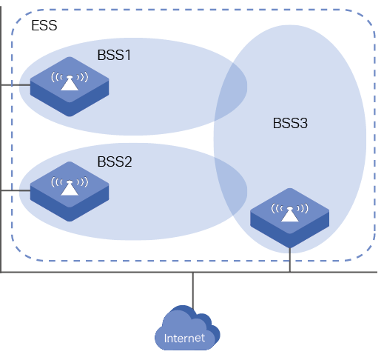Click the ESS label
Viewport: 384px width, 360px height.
pyautogui.click(x=44, y=25)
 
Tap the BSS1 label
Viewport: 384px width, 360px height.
pyautogui.click(x=114, y=55)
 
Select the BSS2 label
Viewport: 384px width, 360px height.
pyautogui.click(x=115, y=161)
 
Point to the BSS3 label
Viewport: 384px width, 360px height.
pyautogui.click(x=290, y=123)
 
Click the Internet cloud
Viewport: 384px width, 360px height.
pyautogui.click(x=187, y=328)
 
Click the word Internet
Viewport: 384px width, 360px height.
pyautogui.click(x=184, y=339)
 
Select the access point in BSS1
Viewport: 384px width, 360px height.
pyautogui.click(x=70, y=87)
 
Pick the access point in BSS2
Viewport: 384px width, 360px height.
pyautogui.click(x=70, y=191)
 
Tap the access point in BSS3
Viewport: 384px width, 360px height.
pyautogui.click(x=290, y=218)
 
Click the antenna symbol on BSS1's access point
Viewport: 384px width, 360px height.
pyautogui.click(x=70, y=81)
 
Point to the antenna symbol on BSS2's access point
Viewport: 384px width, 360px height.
pyautogui.click(x=70, y=186)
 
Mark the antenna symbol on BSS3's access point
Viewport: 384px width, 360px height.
pyautogui.click(x=290, y=213)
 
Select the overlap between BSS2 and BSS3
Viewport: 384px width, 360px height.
pyautogui.click(x=231, y=188)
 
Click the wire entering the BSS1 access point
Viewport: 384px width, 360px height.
pyautogui.click(x=16, y=85)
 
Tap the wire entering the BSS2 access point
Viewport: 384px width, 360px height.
pyautogui.click(x=16, y=190)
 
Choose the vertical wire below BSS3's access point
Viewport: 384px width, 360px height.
pyautogui.click(x=290, y=260)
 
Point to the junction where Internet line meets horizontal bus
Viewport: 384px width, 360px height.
pyautogui.click(x=193, y=272)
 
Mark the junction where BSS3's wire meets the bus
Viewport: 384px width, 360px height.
pyautogui.click(x=290, y=272)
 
